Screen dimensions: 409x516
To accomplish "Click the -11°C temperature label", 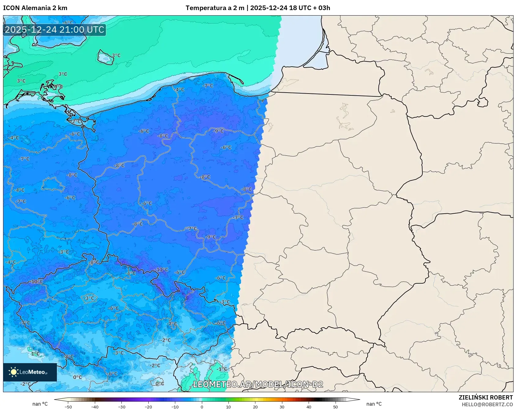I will pyautogui.click(x=162, y=270).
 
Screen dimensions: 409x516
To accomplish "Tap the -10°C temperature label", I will pyautogui.click(x=37, y=282).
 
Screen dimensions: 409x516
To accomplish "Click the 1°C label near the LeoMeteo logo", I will pyautogui.click(x=35, y=354).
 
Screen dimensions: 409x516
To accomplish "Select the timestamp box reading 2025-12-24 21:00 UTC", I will pyautogui.click(x=54, y=30).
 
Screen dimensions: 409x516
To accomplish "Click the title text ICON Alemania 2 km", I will pyautogui.click(x=35, y=8).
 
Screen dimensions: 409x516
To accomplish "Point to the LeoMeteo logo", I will pyautogui.click(x=30, y=372).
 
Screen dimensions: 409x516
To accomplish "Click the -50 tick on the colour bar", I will pyautogui.click(x=68, y=407).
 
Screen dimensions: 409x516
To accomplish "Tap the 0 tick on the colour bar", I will pyautogui.click(x=202, y=407).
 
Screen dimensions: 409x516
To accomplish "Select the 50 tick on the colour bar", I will pyautogui.click(x=335, y=407).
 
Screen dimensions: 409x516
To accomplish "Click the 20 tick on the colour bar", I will pyautogui.click(x=255, y=407).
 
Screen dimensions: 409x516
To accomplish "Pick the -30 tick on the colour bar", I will pyautogui.click(x=122, y=407).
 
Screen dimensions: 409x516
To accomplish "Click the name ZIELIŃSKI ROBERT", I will pyautogui.click(x=485, y=397).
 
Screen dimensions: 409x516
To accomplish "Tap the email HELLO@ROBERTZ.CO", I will pyautogui.click(x=487, y=404).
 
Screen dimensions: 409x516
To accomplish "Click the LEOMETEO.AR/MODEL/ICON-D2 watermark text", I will pyautogui.click(x=258, y=384).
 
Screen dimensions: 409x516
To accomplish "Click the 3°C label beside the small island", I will pyautogui.click(x=116, y=56).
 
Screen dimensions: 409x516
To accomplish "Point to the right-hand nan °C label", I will pyautogui.click(x=374, y=404).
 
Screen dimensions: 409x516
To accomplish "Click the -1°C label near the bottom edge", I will pyautogui.click(x=222, y=369).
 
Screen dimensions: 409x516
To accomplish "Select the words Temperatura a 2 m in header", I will pyautogui.click(x=215, y=8).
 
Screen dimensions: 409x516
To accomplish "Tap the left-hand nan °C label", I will pyautogui.click(x=40, y=404).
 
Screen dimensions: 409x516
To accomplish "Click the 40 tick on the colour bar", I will pyautogui.click(x=309, y=407).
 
